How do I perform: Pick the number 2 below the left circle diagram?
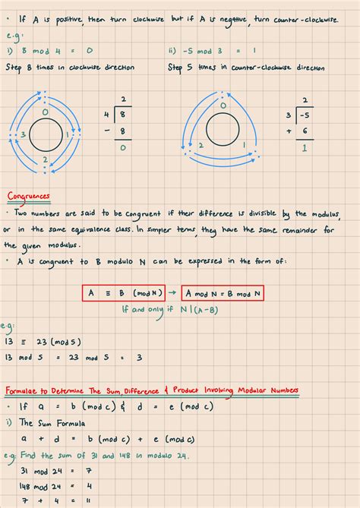(x=45, y=159)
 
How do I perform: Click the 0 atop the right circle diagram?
(x=226, y=112)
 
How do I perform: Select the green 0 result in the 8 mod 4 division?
(x=122, y=149)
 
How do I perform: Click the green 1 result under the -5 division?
(x=304, y=149)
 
